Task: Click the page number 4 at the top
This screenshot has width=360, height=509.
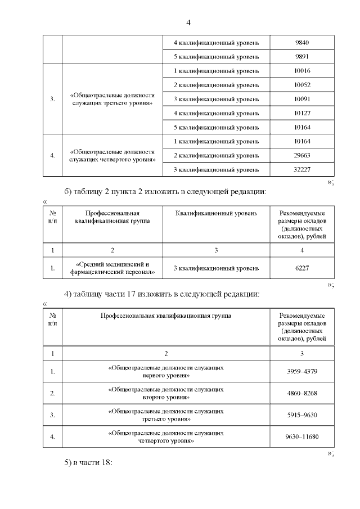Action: click(188, 22)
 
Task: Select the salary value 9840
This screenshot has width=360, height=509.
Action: click(302, 43)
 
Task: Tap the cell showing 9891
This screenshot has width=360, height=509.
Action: click(302, 57)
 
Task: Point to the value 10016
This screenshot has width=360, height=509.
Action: click(302, 71)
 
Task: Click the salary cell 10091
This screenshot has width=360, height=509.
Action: click(302, 99)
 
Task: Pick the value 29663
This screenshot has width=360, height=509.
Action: click(302, 155)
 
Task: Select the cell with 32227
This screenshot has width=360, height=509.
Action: click(302, 169)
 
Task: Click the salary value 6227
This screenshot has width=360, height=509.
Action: click(302, 268)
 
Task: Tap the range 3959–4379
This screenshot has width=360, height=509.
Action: click(302, 371)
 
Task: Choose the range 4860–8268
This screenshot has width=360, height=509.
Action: click(302, 393)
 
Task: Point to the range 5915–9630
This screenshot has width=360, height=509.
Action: click(302, 415)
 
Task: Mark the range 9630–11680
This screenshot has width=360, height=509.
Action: click(302, 437)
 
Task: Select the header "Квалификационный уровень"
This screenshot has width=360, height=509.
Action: click(216, 214)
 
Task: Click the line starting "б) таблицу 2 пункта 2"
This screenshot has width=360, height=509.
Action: click(164, 192)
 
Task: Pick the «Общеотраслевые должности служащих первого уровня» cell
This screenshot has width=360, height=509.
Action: click(165, 371)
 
